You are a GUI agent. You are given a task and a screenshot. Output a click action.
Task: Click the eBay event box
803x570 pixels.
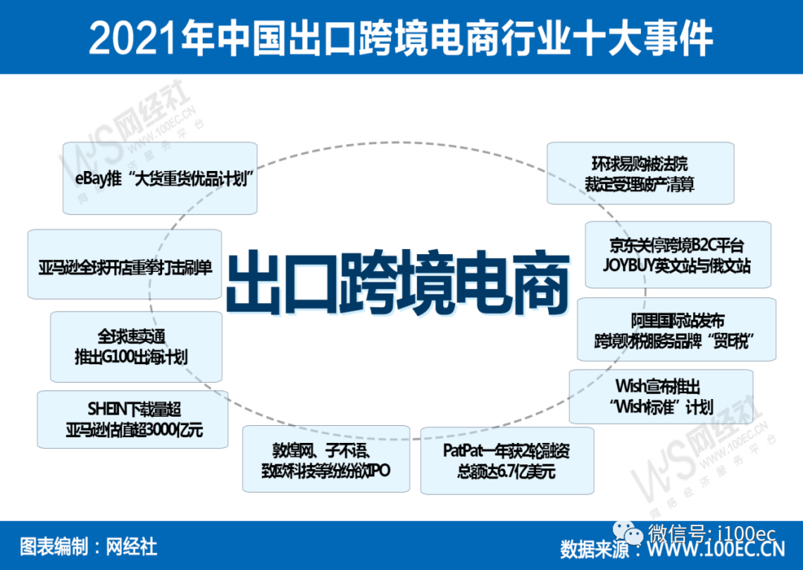[x=160, y=179]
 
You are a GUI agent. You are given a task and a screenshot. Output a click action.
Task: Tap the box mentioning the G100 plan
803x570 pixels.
[x=136, y=346]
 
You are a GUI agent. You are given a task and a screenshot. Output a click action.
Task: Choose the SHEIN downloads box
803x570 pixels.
[x=132, y=419]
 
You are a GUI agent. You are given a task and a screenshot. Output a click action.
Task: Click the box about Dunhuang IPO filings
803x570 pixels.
[x=326, y=459]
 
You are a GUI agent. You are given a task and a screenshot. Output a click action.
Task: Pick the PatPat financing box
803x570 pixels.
[x=507, y=460]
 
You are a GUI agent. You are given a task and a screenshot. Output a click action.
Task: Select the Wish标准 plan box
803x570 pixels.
[x=660, y=396]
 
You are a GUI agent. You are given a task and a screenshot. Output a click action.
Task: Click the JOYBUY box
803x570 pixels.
[x=677, y=255]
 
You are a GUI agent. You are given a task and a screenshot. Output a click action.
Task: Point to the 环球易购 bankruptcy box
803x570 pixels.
[x=640, y=173]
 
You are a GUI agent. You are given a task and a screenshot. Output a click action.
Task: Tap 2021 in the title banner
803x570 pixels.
[x=127, y=38]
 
